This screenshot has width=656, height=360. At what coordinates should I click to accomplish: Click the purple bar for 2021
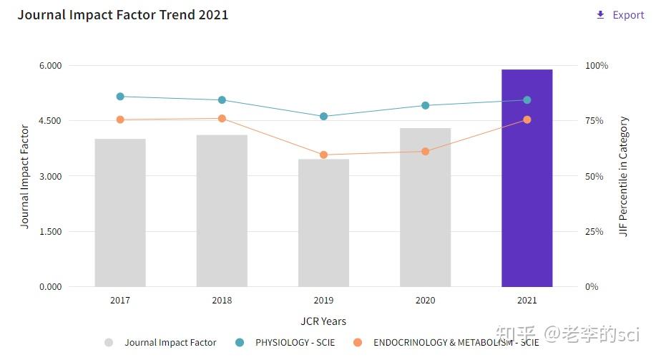point(527,178)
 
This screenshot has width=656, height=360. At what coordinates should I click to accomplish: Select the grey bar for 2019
point(323,223)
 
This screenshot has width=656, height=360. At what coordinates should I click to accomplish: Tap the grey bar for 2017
point(120,213)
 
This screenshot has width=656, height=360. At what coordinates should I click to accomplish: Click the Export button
point(620,15)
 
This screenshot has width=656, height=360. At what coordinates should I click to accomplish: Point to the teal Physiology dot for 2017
point(120,97)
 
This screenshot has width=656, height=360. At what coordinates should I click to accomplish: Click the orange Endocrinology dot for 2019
point(323,155)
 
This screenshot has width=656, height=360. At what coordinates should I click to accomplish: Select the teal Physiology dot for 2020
point(425,105)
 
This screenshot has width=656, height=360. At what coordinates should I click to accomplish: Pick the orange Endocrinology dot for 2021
point(527,120)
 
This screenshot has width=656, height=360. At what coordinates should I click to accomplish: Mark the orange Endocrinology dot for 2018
point(222,119)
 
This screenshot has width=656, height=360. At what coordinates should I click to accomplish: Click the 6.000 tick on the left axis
point(49,66)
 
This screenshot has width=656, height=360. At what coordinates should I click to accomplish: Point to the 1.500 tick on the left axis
point(49,232)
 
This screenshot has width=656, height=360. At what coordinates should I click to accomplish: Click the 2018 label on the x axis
point(222,301)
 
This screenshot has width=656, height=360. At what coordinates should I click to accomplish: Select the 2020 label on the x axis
point(425,301)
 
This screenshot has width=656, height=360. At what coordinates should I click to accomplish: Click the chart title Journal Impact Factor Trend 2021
point(123,15)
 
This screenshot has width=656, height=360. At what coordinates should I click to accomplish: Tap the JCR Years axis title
point(323,321)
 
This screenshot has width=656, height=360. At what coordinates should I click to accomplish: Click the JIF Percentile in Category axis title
point(624,177)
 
